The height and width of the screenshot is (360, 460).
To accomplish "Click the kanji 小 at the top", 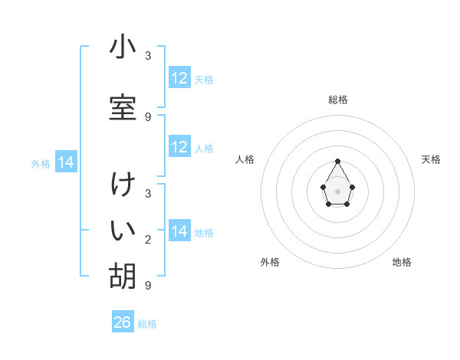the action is coord(123,46).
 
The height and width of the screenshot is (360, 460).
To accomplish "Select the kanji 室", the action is coord(123,107).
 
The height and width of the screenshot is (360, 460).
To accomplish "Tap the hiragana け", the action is coord(123,184).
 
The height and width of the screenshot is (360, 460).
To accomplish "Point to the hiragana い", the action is coord(123,230).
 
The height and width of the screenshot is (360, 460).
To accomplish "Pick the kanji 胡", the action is coord(123,276).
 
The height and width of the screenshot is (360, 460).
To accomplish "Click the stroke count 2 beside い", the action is coord(148,240).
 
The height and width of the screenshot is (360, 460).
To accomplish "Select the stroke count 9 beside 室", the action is coord(148,116).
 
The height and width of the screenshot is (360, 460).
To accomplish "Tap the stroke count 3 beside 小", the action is coord(148,55).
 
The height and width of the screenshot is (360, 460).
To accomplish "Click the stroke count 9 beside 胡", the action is coord(148,285).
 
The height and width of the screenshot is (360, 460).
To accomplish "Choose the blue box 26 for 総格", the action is coord(123,321).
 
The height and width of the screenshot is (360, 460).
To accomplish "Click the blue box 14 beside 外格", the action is coord(66,162).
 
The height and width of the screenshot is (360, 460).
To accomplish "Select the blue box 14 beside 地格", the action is coord(179,230).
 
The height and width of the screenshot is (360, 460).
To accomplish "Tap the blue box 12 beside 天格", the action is coord(179,77).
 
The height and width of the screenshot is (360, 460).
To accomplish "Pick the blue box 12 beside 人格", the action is coord(179,146).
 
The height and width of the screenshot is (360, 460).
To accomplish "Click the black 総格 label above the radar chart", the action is coord(338,100).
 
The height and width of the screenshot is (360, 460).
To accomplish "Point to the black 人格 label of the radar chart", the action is coord(245,159).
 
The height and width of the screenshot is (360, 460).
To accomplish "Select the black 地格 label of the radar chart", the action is coord(402,262).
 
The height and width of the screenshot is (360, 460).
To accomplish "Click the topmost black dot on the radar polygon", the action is coord(337,161).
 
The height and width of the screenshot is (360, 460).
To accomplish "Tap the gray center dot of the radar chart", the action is coord(337,191).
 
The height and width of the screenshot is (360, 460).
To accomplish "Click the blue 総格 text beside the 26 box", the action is coord(147,324).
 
